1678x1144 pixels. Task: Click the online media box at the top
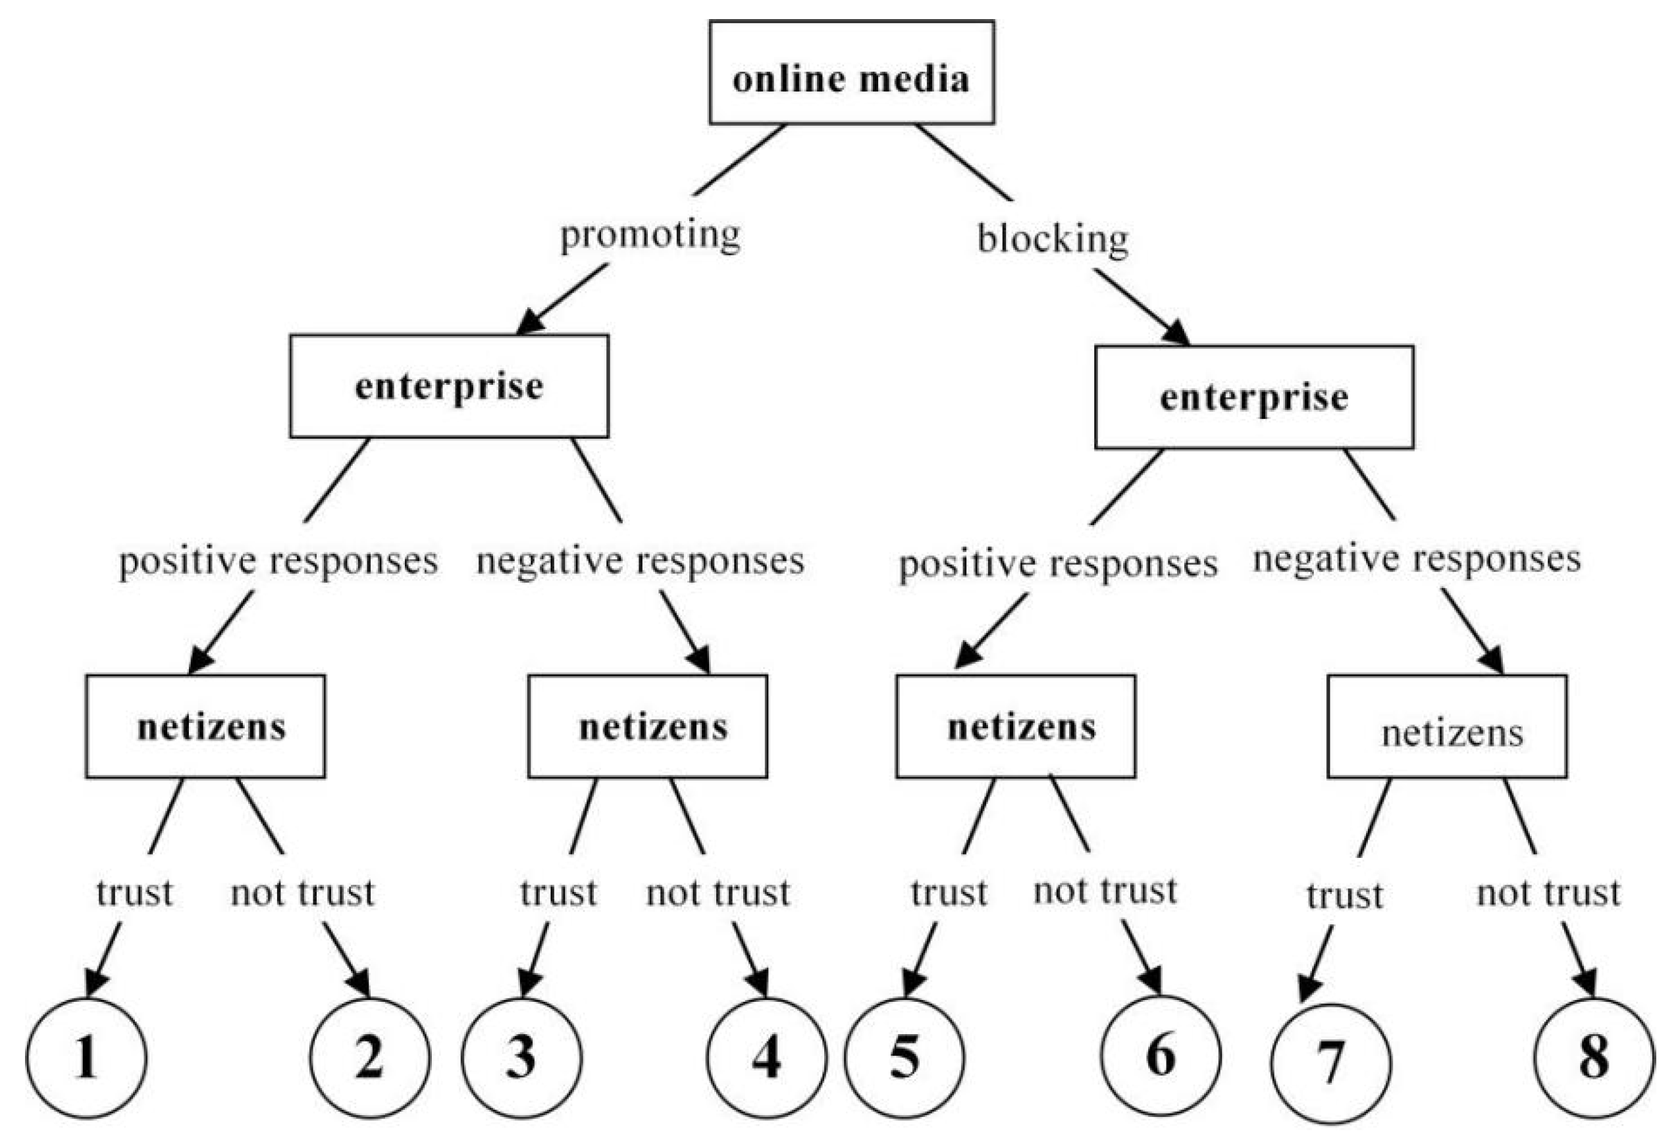pos(851,72)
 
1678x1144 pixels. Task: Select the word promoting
pos(650,236)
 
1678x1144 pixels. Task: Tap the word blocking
pos(1052,239)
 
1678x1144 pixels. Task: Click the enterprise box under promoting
pos(449,386)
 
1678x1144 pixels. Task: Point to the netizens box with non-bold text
pos(1447,727)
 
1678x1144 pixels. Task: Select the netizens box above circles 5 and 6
pos(1016,727)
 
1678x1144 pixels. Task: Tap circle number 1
pos(87,1058)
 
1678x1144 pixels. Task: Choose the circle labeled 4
pos(767,1058)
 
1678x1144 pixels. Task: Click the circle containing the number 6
pos(1161,1056)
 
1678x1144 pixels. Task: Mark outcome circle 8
pos(1594,1058)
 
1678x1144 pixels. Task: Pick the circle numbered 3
pos(521,1058)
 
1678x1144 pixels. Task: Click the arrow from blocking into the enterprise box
pos(1141,307)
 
